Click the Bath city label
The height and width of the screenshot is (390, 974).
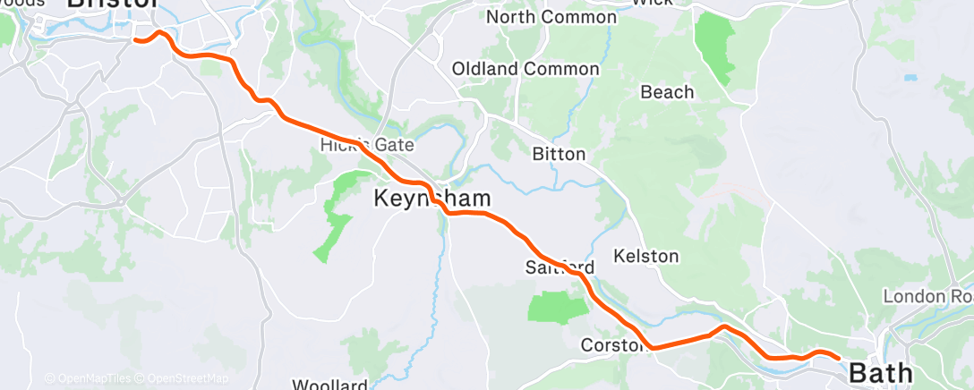click(x=880, y=372)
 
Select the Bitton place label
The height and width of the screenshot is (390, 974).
click(x=559, y=154)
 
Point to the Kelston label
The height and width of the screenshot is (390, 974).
click(x=646, y=256)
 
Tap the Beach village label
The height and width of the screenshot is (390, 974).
click(x=667, y=92)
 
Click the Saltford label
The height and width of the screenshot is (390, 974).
click(x=560, y=267)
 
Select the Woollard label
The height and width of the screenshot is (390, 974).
click(x=331, y=386)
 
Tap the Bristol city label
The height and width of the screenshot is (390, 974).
click(x=113, y=4)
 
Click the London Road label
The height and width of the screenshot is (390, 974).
click(x=927, y=296)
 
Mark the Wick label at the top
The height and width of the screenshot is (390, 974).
click(x=652, y=3)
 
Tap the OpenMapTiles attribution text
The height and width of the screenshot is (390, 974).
click(x=92, y=378)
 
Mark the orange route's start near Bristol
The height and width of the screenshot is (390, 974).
click(x=134, y=39)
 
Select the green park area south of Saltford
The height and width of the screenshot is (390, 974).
click(x=557, y=308)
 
